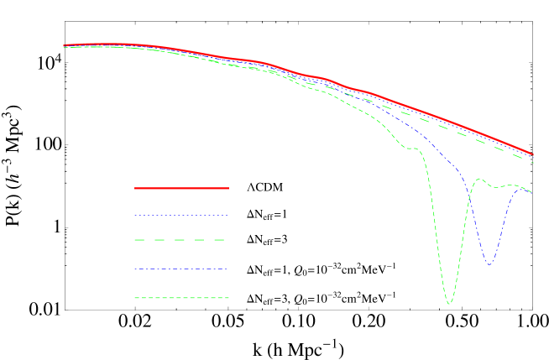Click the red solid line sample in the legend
pyautogui.click(x=181, y=188)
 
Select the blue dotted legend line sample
pyautogui.click(x=181, y=216)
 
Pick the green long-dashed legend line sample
pyautogui.click(x=181, y=241)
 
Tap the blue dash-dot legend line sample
pyautogui.click(x=181, y=269)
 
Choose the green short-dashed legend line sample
pyautogui.click(x=181, y=298)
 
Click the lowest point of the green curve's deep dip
pyautogui.click(x=450, y=304)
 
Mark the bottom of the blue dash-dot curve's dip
pyautogui.click(x=489, y=265)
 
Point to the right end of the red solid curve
pyautogui.click(x=532, y=154)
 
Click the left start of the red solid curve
pyautogui.click(x=64, y=45)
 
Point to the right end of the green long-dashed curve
pyautogui.click(x=532, y=161)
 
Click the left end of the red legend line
pyautogui.click(x=135, y=188)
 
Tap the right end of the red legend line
pyautogui.click(x=228, y=188)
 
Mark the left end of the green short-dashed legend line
pyautogui.click(x=135, y=298)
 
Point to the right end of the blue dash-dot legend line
pyautogui.click(x=227, y=269)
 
